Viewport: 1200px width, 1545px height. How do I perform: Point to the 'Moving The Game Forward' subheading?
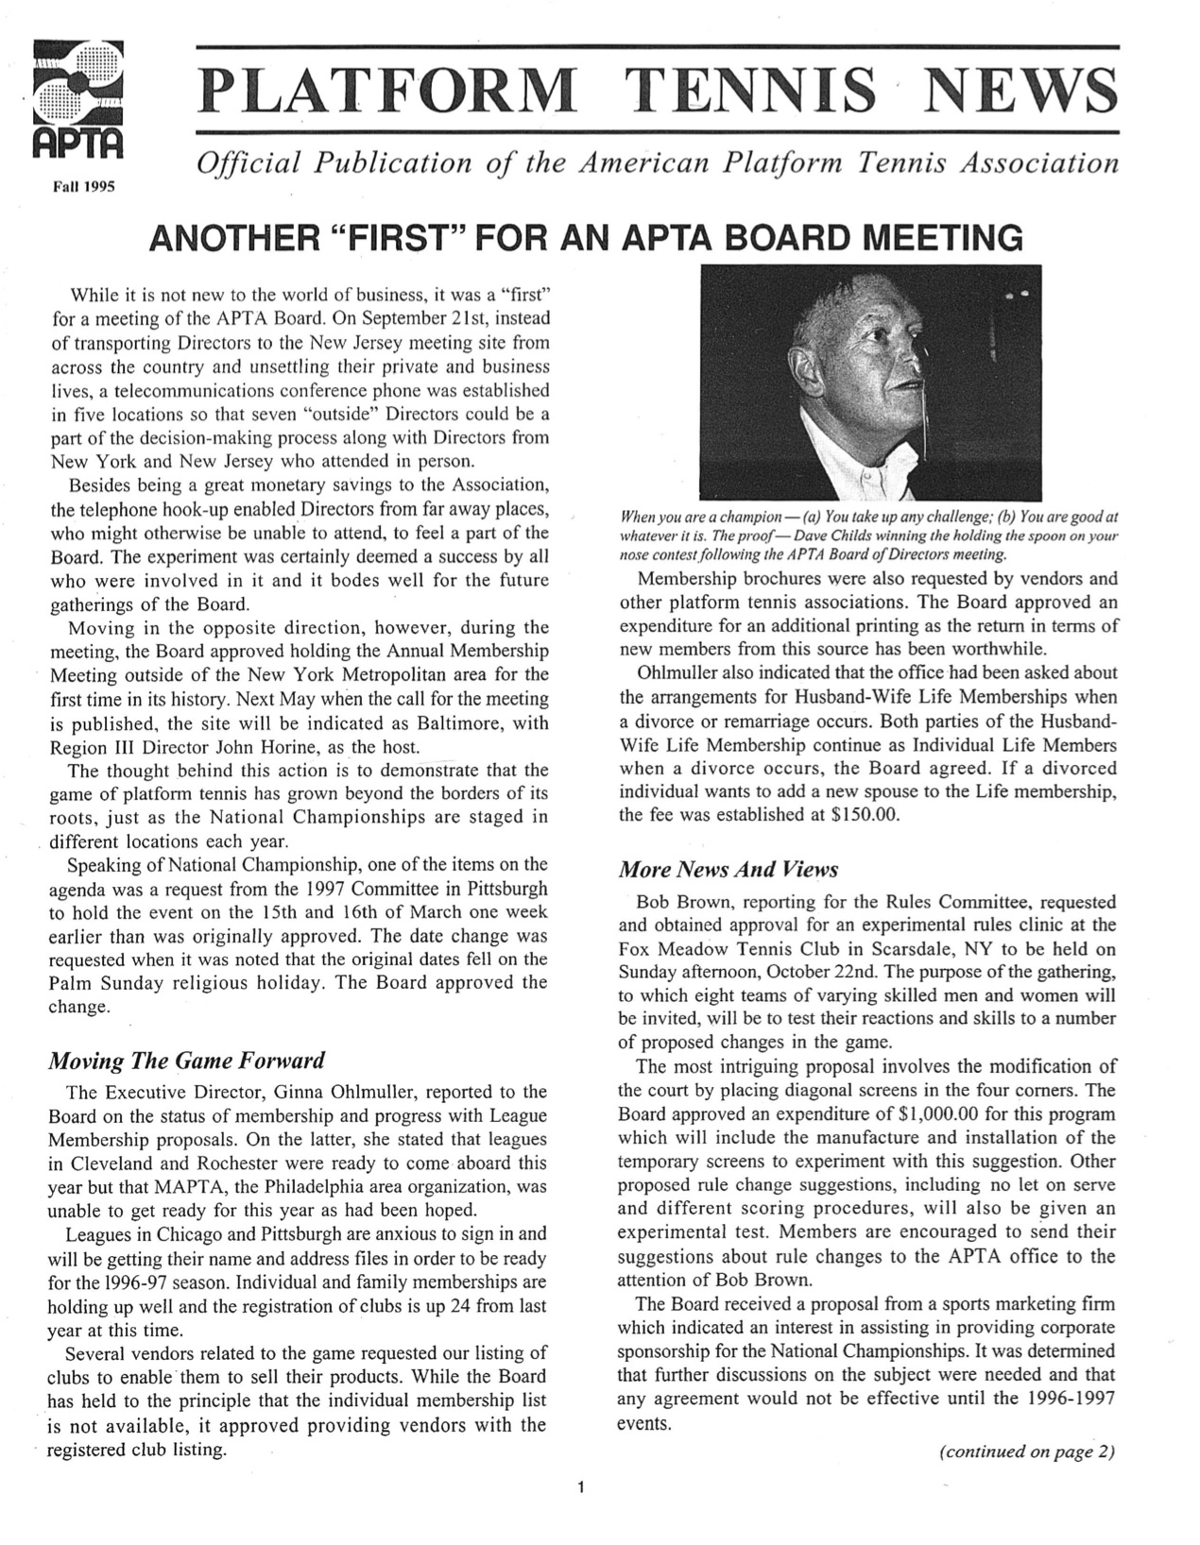[186, 1060]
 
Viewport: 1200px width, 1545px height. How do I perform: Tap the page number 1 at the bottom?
[581, 1489]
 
